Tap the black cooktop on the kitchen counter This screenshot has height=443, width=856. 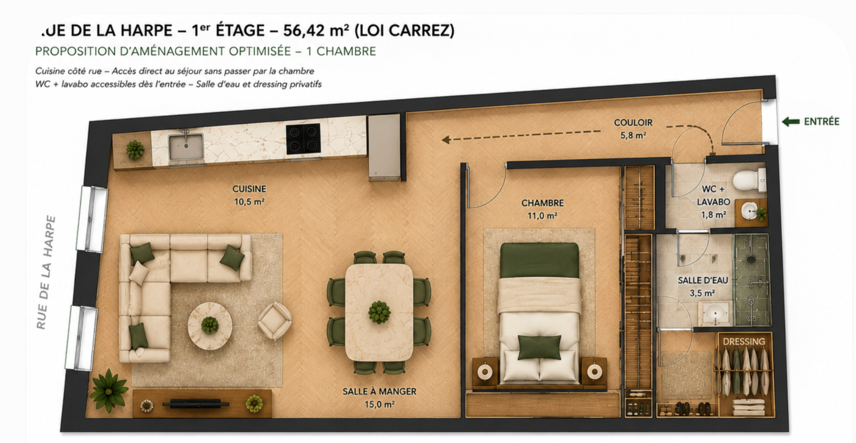click(x=303, y=139)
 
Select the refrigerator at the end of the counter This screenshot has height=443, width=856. click(x=384, y=147)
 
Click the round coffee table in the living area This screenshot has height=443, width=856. click(x=210, y=325)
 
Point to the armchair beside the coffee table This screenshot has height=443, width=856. click(x=275, y=320)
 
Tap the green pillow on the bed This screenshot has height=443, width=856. click(x=540, y=347)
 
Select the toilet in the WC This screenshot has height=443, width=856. click(x=748, y=180)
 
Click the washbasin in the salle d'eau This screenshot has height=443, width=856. click(x=715, y=314)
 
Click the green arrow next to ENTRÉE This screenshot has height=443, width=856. click(x=790, y=121)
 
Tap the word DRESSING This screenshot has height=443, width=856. click(x=743, y=341)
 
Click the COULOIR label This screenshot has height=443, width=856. click(x=633, y=123)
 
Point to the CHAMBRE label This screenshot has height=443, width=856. click(x=542, y=203)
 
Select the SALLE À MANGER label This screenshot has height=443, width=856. click(x=379, y=392)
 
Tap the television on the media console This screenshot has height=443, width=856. click(x=196, y=404)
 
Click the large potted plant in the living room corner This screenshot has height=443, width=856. click(x=109, y=390)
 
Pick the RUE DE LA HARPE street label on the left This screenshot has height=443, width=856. click(x=46, y=272)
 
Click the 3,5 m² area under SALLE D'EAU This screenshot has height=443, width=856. click(x=702, y=293)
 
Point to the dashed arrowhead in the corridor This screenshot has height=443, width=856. click(x=445, y=140)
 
